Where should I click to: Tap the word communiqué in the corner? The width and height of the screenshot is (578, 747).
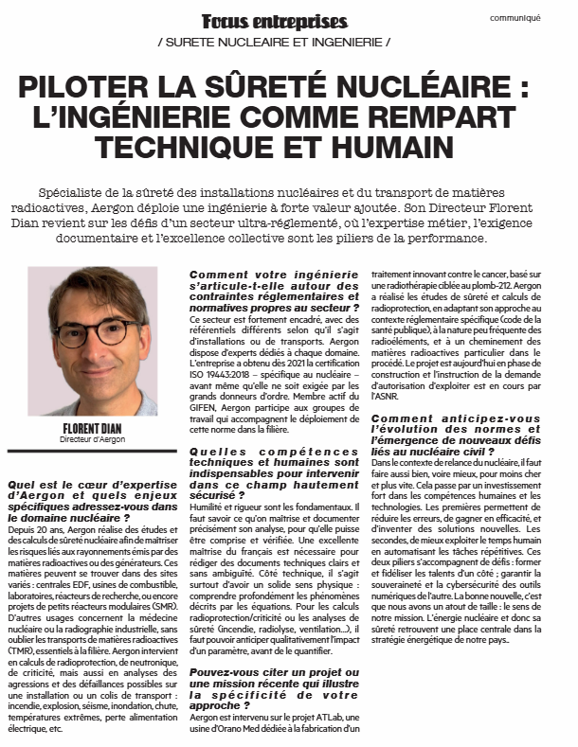[x=541, y=17]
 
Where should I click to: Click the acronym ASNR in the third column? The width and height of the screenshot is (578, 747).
[x=386, y=399]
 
